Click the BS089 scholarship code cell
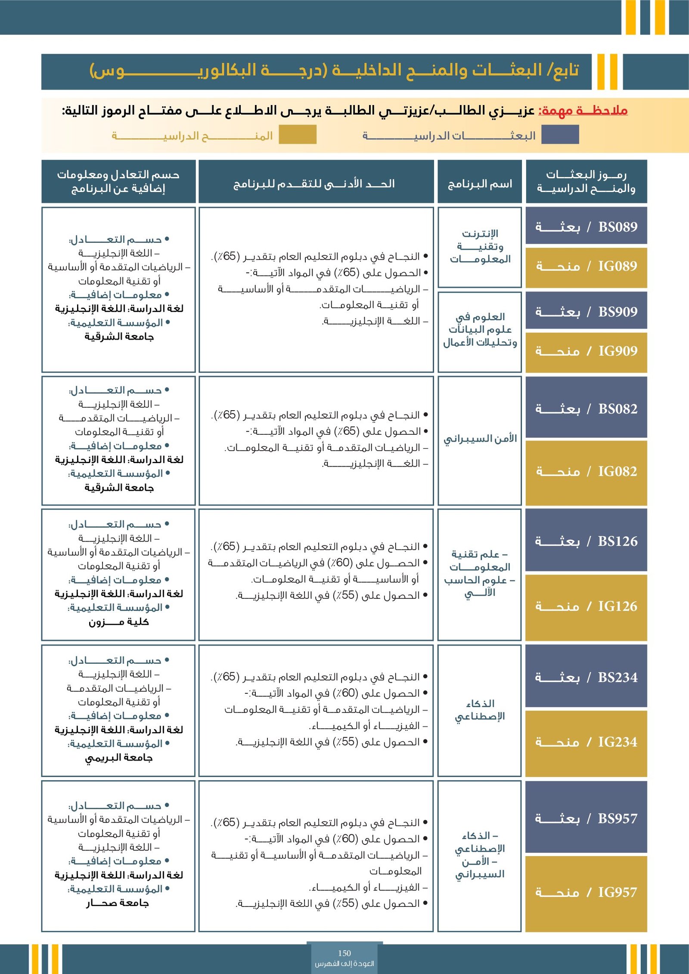pyautogui.click(x=586, y=226)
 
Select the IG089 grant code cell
pyautogui.click(x=586, y=266)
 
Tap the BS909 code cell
pyautogui.click(x=586, y=312)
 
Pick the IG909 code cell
pyautogui.click(x=586, y=351)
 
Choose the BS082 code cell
pyautogui.click(x=586, y=408)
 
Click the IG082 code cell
pyautogui.click(x=586, y=472)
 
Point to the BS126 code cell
pyautogui.click(x=586, y=541)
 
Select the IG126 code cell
pyautogui.click(x=586, y=606)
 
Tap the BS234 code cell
pyautogui.click(x=586, y=677)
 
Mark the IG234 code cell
pyautogui.click(x=586, y=742)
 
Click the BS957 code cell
pyautogui.click(x=586, y=818)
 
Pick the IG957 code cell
pyautogui.click(x=586, y=893)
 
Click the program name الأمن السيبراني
pyautogui.click(x=480, y=439)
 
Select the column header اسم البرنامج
pyautogui.click(x=480, y=184)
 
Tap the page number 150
pyautogui.click(x=344, y=953)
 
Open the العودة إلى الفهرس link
pyautogui.click(x=344, y=964)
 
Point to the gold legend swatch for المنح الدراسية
pyautogui.click(x=298, y=135)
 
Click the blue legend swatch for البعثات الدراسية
pyautogui.click(x=560, y=135)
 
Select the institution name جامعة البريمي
pyautogui.click(x=119, y=758)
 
